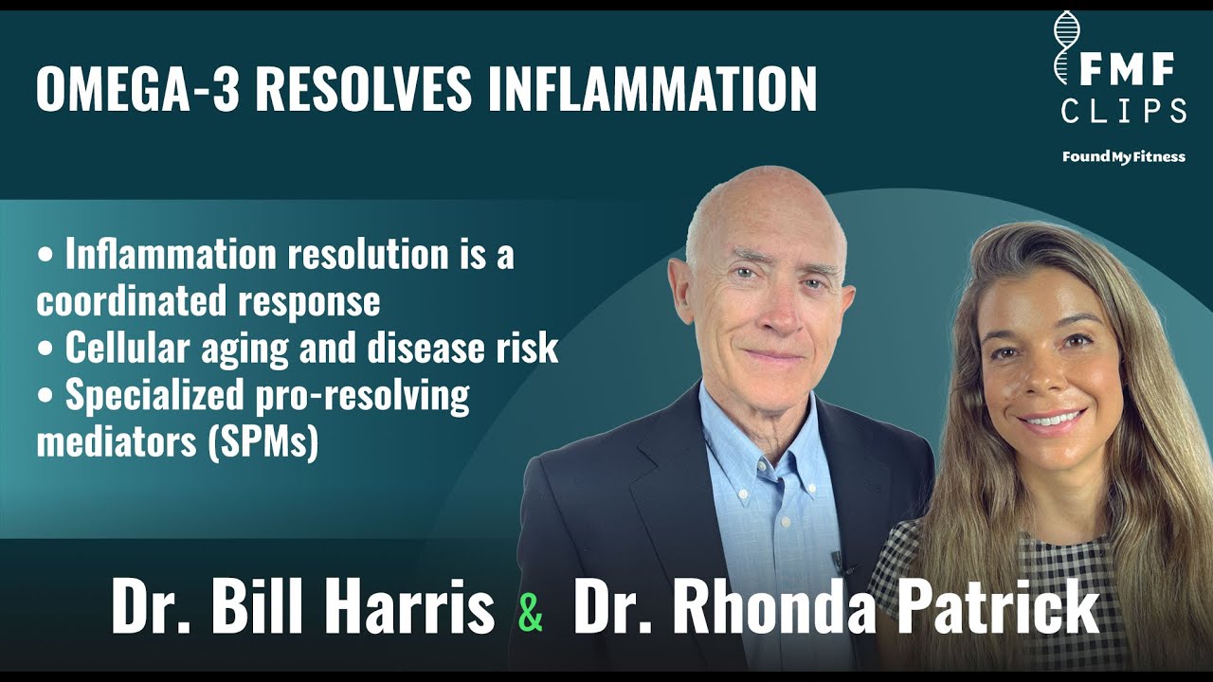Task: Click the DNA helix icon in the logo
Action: click(x=1066, y=47)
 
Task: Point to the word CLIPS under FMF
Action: click(x=1124, y=112)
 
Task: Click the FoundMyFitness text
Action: click(x=1123, y=156)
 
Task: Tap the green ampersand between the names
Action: click(x=532, y=612)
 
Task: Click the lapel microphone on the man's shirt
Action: click(x=838, y=560)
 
